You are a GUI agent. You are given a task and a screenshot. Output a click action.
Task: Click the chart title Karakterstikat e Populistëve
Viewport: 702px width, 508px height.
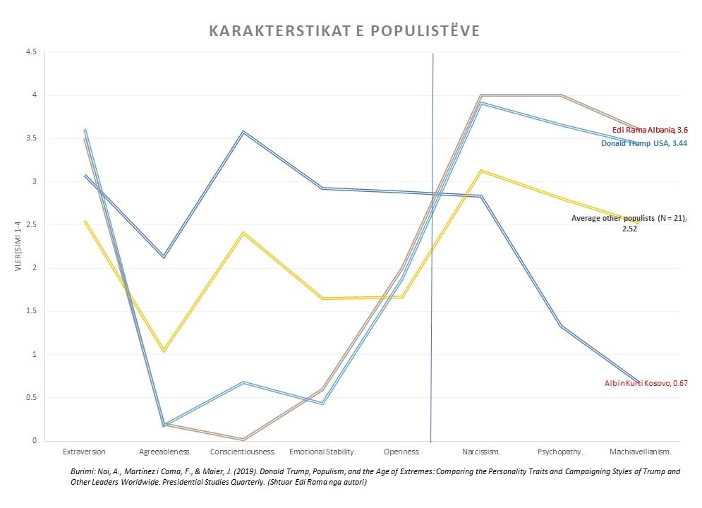[345, 32]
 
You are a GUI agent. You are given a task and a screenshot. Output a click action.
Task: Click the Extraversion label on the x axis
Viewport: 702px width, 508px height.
[85, 450]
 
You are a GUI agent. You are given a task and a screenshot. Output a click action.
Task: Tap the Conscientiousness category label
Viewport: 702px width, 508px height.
[243, 450]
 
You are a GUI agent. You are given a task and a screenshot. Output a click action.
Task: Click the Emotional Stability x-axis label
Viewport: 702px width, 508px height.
[322, 450]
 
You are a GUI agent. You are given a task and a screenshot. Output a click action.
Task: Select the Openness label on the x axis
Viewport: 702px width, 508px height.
[402, 450]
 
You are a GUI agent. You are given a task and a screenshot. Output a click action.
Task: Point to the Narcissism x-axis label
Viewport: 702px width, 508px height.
[482, 450]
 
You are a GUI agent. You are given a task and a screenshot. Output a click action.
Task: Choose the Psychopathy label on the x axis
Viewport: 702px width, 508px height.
[561, 450]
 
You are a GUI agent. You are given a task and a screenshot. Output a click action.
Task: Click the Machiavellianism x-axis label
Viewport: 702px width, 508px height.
[640, 450]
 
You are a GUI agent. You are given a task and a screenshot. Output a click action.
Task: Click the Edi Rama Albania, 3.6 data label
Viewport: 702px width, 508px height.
[650, 131]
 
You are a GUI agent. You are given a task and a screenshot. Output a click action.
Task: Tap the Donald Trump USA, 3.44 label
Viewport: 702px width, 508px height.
[644, 143]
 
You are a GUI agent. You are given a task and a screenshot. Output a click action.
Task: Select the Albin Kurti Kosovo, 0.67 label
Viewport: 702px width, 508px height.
[646, 383]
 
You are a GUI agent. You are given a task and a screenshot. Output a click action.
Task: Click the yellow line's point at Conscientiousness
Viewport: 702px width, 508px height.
[243, 233]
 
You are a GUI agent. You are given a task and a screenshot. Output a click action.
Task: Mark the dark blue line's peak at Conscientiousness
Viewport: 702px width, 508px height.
[243, 132]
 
